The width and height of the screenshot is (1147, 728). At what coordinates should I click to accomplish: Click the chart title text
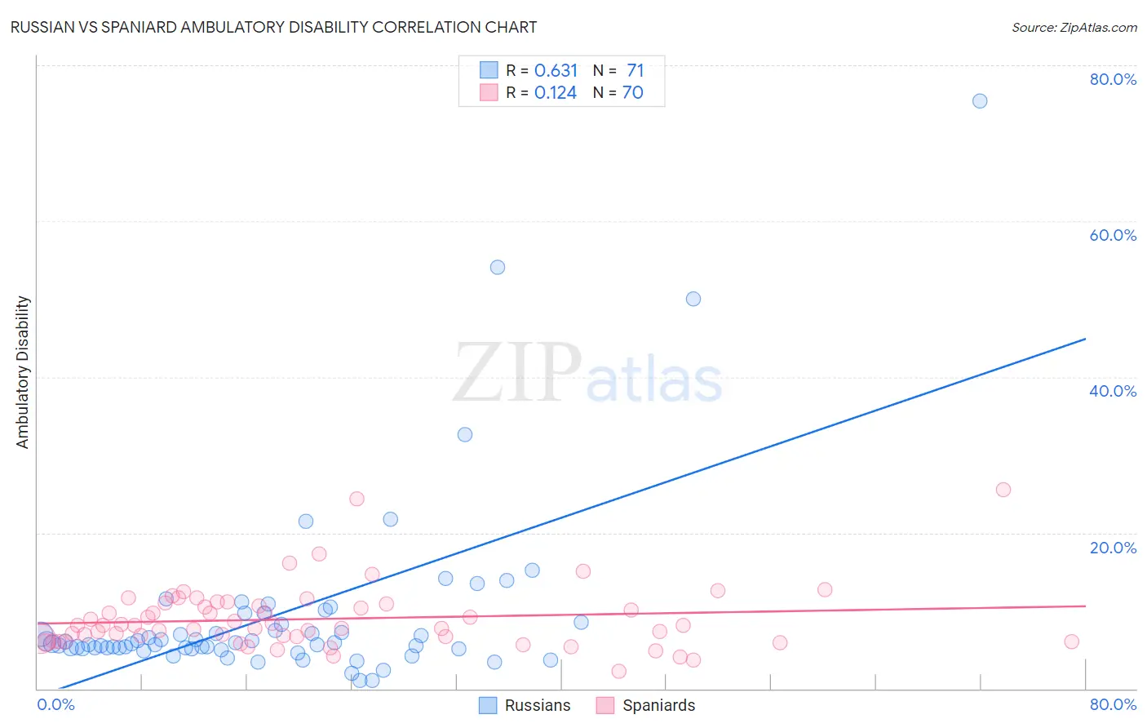tap(273, 27)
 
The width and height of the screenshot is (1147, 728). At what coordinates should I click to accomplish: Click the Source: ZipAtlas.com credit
tap(1074, 27)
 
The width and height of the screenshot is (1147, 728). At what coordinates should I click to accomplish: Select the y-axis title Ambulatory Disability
tap(23, 371)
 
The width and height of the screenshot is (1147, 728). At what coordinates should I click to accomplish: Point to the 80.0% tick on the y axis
tap(1113, 79)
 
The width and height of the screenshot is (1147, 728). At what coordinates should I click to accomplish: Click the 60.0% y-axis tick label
tap(1113, 235)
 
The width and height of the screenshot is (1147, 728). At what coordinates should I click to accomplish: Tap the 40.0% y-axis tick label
tap(1113, 391)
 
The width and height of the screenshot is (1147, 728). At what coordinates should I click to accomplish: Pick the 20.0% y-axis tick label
tap(1113, 547)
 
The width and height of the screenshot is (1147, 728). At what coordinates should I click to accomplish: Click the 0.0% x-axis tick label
tap(55, 704)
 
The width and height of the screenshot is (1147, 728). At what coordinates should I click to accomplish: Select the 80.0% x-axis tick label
tap(1113, 704)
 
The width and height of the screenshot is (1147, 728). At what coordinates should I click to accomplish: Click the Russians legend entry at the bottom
tap(525, 705)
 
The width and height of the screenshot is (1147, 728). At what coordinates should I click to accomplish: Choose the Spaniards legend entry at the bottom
tap(646, 705)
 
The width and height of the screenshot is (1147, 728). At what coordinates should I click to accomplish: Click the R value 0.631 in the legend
tap(556, 71)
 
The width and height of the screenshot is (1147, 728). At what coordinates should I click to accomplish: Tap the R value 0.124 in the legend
tap(556, 93)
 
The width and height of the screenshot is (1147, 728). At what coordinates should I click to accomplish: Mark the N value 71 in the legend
tap(635, 71)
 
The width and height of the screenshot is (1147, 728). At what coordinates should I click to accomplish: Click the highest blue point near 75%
tap(980, 101)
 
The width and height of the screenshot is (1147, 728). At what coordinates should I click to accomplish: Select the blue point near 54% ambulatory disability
tap(498, 268)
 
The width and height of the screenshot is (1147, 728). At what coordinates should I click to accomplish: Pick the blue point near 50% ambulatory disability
tap(693, 299)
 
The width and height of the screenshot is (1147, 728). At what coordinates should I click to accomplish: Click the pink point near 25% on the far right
tap(1003, 490)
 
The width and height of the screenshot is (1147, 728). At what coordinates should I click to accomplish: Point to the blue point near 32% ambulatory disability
tap(465, 435)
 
